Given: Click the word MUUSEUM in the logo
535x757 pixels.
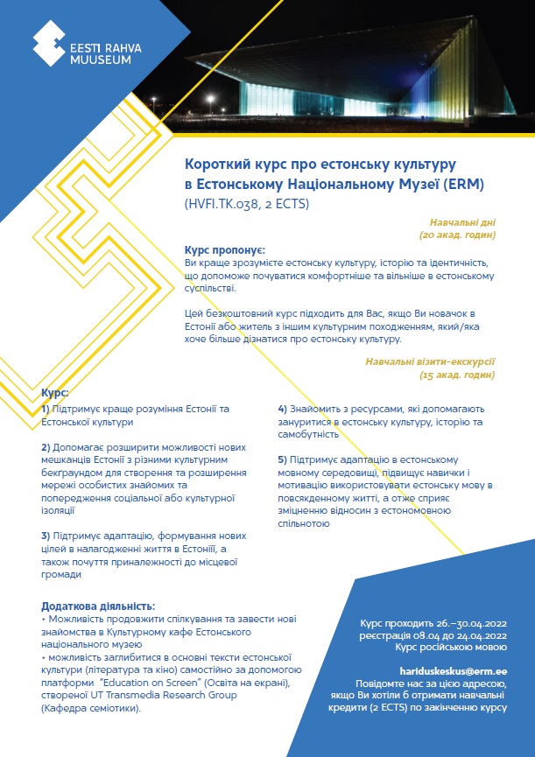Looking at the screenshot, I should point(101,60).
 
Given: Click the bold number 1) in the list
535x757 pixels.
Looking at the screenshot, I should point(46,409).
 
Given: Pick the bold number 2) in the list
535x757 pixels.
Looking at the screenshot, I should point(46,446).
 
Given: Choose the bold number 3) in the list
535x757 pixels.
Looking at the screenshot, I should point(46,535).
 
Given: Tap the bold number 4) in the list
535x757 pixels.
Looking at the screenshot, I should point(283,409).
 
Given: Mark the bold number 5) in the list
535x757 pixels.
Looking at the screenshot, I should point(283,459).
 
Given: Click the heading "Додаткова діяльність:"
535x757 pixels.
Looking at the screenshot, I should point(98,606).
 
